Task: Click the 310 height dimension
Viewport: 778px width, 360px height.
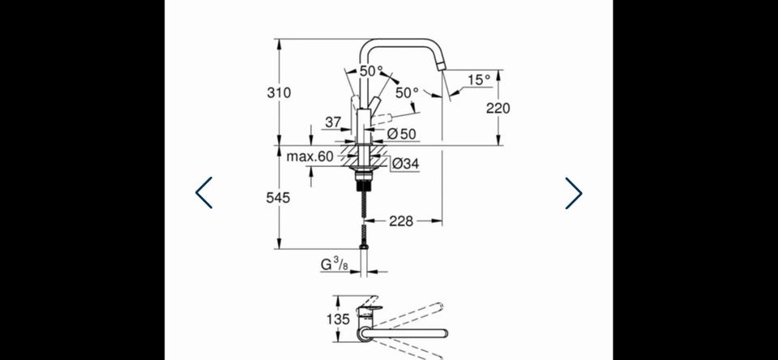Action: tap(279, 92)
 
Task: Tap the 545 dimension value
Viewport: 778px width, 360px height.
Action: tap(278, 198)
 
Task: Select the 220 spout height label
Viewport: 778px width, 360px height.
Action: tap(498, 108)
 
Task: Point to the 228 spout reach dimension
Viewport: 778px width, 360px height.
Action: tap(401, 221)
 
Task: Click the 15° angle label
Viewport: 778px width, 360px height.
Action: tap(479, 80)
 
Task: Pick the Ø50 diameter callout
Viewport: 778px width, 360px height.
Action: tap(401, 134)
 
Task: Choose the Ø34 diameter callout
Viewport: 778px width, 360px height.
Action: tap(405, 163)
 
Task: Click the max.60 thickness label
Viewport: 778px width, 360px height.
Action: tap(310, 156)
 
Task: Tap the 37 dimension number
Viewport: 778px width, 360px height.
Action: tap(333, 122)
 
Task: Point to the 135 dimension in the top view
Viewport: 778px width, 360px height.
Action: tap(339, 319)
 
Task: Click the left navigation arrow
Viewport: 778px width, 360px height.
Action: tap(204, 193)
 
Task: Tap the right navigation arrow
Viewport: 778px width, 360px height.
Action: tap(574, 193)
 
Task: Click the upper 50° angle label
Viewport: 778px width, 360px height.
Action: tap(372, 71)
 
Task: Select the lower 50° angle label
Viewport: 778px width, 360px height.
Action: tap(408, 92)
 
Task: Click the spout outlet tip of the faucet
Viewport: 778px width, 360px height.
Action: tap(442, 68)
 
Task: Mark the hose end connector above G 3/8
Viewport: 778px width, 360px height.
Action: tap(365, 246)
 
